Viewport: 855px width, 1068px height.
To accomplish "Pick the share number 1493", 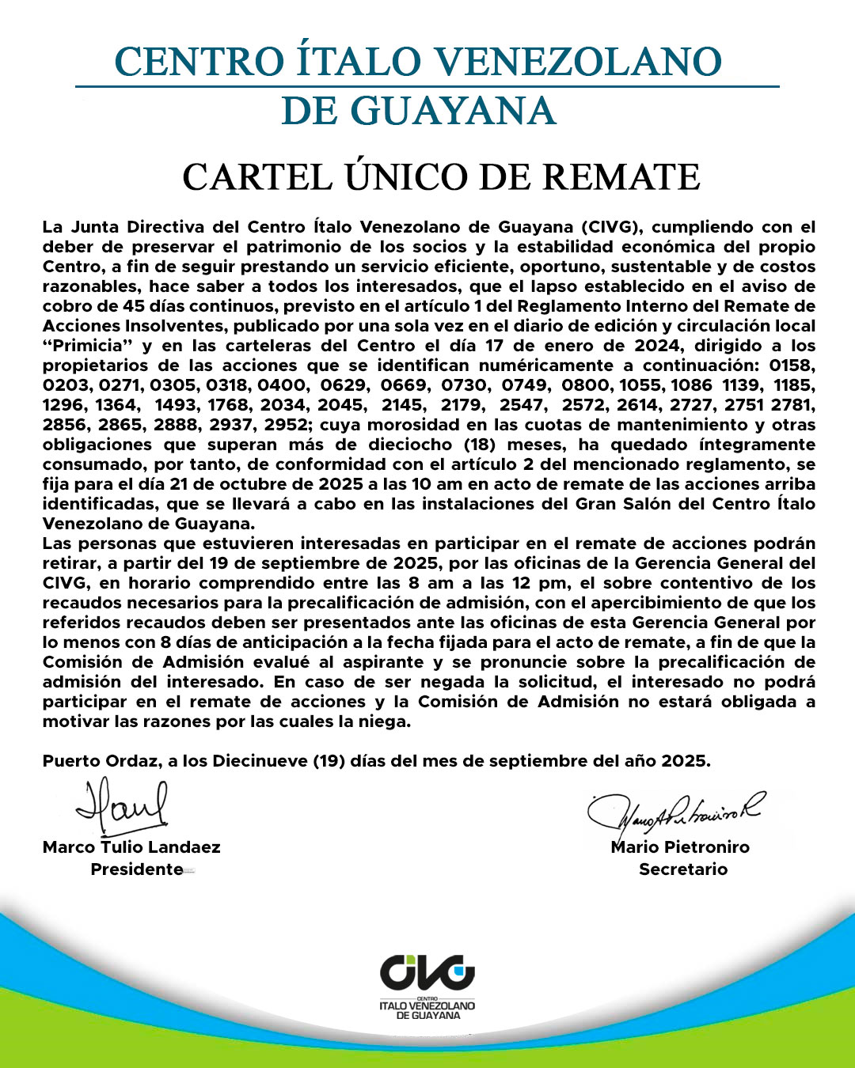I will (177, 405).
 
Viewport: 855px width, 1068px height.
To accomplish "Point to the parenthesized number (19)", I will (327, 761).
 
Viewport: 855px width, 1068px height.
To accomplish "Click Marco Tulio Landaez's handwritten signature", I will (123, 806).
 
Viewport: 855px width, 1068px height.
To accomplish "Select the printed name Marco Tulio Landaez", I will (131, 847).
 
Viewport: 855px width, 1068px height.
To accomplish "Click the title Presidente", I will (136, 869).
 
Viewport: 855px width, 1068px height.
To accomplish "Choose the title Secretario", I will (683, 869).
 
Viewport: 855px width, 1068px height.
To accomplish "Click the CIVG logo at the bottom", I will (427, 985).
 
